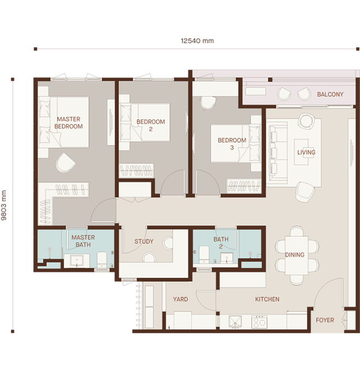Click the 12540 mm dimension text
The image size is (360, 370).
point(197,41)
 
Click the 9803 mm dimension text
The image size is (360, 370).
point(4,206)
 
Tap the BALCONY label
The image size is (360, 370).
point(330,94)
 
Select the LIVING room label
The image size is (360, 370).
point(306,152)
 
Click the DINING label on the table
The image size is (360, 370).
point(295,255)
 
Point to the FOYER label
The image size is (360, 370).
point(325,320)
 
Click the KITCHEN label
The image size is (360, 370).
point(267,299)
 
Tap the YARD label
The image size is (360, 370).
point(180,299)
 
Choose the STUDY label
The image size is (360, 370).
point(144,241)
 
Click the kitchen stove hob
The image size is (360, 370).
point(259,322)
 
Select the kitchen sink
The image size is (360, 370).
point(235,322)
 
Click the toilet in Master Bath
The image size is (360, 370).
point(102,260)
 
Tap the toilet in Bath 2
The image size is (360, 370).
point(204,254)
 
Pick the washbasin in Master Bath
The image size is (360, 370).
point(77,261)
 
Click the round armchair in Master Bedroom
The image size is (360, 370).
point(65,163)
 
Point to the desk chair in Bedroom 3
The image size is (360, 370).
point(207,103)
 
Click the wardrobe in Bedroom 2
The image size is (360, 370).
point(136,170)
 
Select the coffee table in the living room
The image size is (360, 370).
point(301,152)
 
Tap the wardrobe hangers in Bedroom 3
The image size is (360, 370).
point(244,186)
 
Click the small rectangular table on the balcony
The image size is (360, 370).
point(256,92)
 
